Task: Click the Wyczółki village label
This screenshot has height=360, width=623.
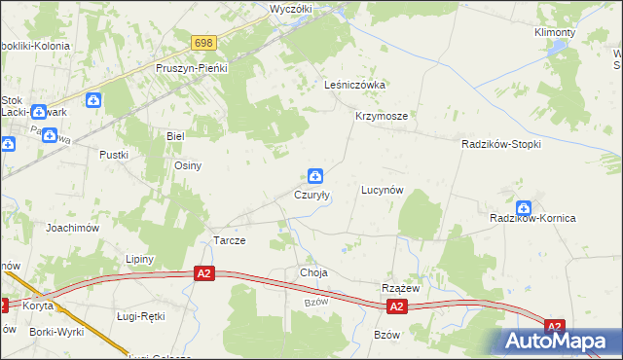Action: (x=289, y=8)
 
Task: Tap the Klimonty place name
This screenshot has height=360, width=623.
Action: (x=555, y=32)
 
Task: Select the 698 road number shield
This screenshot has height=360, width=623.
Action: (x=203, y=43)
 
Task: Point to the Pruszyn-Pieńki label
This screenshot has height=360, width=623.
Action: (x=192, y=69)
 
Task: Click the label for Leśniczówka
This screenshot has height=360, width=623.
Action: (x=355, y=85)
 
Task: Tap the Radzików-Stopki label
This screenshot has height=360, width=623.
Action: (x=500, y=143)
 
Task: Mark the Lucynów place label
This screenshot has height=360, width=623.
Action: (x=382, y=190)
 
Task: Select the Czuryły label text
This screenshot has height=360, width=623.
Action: (x=312, y=195)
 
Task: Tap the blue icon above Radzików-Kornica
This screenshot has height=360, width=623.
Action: (x=525, y=207)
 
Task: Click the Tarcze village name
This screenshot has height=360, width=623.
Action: (x=229, y=240)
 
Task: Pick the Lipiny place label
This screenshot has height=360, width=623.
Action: (x=141, y=259)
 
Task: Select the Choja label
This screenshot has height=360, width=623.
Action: (x=313, y=273)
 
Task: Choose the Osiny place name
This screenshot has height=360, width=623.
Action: (x=188, y=165)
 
